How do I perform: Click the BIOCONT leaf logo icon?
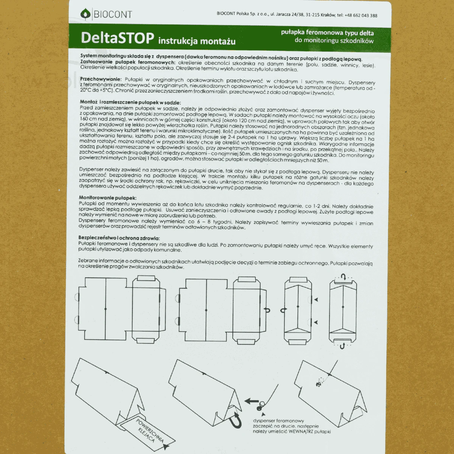point(85,14)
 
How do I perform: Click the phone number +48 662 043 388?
point(361,16)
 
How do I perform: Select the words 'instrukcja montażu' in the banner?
point(197,41)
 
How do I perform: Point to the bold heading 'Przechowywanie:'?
point(101,79)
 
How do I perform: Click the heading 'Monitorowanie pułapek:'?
point(108,197)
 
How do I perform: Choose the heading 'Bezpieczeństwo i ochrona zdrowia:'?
point(119,238)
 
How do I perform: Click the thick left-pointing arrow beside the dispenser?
point(251,401)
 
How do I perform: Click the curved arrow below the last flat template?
point(342,346)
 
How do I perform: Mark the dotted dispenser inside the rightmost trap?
point(319,381)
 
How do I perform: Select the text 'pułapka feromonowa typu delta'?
point(327,33)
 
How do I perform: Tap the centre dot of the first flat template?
point(105,309)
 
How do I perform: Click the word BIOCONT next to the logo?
point(113,15)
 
